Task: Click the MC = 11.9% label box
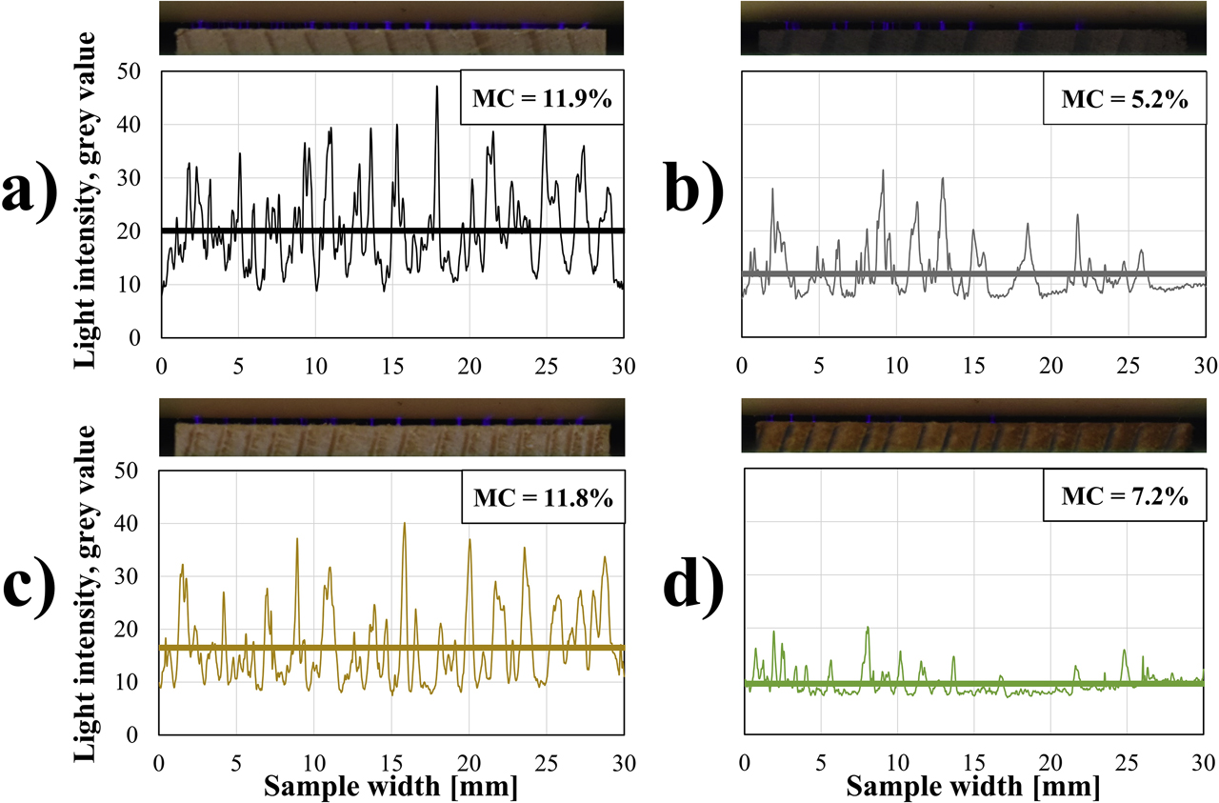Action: point(541,97)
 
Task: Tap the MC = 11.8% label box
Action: point(541,496)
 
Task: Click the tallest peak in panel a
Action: point(437,87)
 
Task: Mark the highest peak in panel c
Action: point(405,523)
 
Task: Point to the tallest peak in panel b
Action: point(883,171)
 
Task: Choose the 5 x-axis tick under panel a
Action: point(238,363)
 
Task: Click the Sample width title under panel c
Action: point(391,787)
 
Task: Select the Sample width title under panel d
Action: point(972,787)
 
